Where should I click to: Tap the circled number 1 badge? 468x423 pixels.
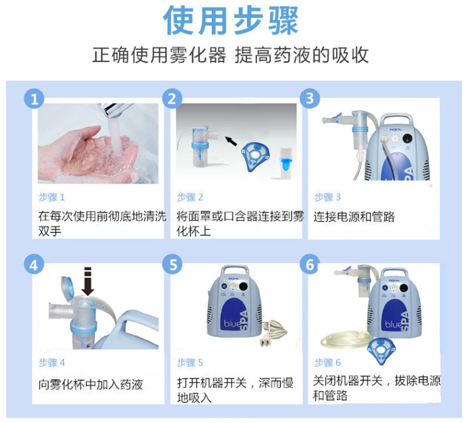click(35, 98)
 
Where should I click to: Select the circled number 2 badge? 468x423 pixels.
click(173, 98)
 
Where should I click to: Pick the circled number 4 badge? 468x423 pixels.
click(35, 265)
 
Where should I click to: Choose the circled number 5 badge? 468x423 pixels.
click(173, 265)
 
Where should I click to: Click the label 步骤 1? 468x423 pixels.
click(51, 197)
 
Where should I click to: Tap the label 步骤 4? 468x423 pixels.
click(51, 363)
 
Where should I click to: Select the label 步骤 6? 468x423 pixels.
click(327, 363)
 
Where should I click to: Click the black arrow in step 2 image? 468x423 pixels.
click(231, 141)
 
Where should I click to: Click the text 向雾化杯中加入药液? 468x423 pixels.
click(91, 385)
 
